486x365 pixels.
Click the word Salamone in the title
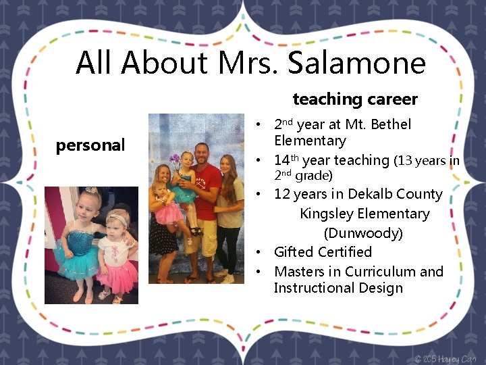point(356,63)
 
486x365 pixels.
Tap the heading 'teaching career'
point(355,99)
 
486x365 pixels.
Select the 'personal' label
point(90,145)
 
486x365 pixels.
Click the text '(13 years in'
point(427,161)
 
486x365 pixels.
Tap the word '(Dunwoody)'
point(363,233)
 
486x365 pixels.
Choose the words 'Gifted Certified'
point(323,252)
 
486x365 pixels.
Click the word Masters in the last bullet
point(299,272)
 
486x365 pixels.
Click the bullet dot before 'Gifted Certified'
point(259,253)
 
